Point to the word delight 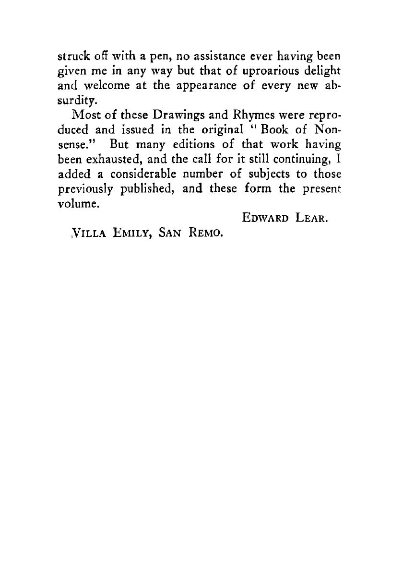(x=324, y=71)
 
